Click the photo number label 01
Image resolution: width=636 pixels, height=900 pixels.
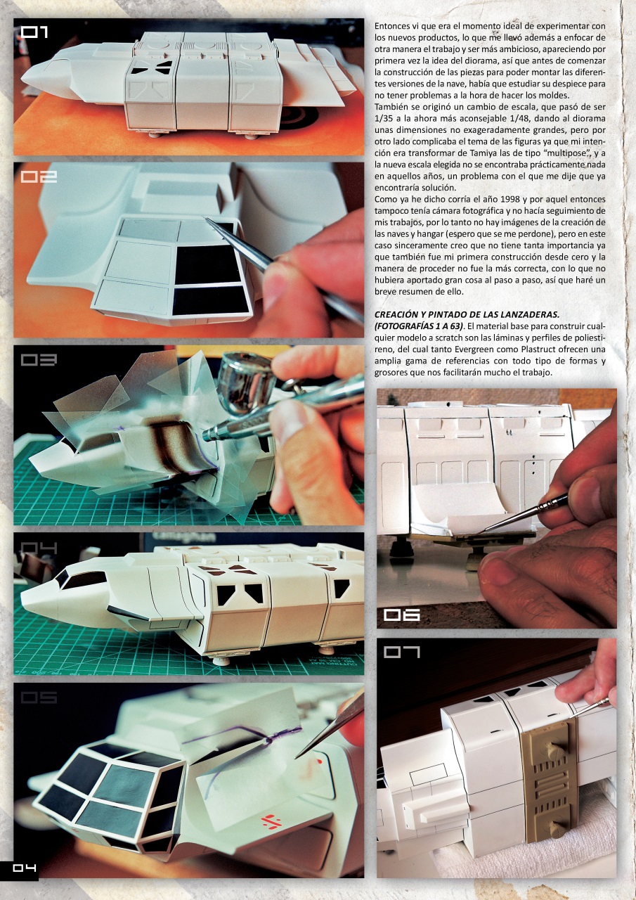(x=34, y=32)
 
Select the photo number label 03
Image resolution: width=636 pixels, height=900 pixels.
(x=34, y=359)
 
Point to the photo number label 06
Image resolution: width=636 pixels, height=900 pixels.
(x=401, y=615)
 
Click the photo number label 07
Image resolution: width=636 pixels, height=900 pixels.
(x=401, y=652)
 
